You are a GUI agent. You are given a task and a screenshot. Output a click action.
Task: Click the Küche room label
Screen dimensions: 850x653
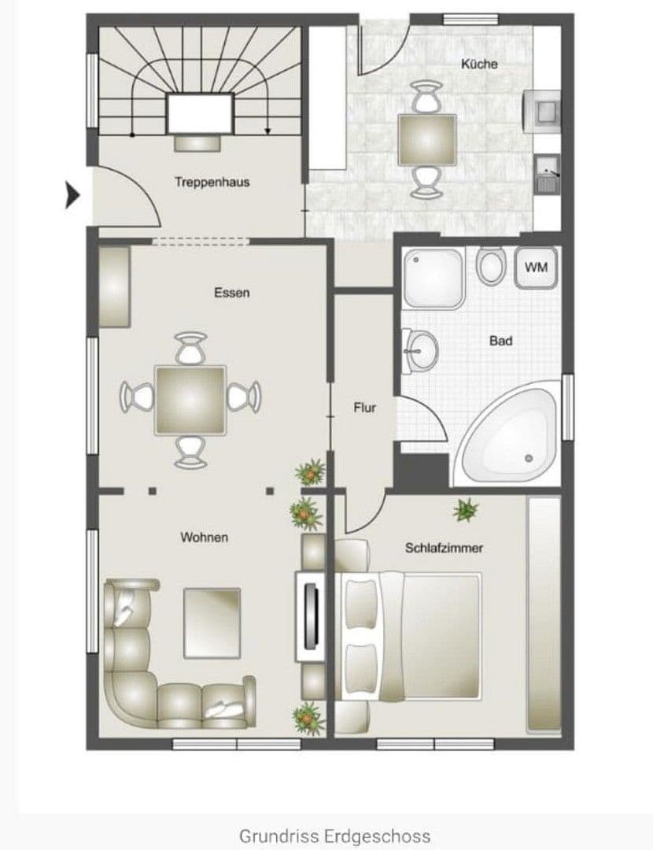point(479,64)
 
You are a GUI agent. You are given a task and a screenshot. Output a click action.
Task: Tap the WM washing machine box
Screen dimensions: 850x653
point(536,268)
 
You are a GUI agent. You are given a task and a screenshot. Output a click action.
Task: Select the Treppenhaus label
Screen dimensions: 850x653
point(212,182)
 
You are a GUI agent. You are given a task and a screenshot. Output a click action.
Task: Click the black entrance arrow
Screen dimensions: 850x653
point(72,195)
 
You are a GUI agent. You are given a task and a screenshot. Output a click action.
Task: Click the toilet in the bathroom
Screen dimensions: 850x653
point(491,266)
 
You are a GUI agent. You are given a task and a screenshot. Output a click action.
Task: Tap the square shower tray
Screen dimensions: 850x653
point(433,277)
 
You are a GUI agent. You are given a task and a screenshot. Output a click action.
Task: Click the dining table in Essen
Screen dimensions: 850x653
point(191,399)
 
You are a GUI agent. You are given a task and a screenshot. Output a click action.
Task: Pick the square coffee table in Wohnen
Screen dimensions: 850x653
point(212,623)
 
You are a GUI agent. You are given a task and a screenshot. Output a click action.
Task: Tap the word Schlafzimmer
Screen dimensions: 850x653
point(444,548)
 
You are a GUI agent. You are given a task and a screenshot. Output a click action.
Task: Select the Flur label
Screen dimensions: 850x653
point(364,408)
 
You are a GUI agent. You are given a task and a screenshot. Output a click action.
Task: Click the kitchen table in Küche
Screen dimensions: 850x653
point(427,139)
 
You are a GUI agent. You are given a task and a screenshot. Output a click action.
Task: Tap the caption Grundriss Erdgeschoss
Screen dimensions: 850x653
point(334,835)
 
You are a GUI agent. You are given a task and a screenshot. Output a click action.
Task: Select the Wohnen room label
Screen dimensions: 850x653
point(205,538)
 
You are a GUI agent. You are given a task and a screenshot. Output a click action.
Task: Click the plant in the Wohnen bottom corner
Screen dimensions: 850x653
point(308,717)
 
